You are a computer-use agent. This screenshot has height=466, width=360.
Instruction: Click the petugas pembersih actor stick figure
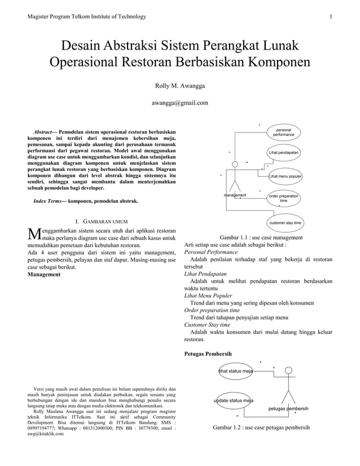288,385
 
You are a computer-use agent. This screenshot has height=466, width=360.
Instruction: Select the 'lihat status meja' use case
236,371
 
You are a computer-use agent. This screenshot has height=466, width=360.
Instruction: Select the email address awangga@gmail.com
180,103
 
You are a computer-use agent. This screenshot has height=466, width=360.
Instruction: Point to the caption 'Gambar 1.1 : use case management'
261,238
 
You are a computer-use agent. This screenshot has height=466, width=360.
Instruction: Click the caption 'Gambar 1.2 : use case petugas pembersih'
261,428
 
